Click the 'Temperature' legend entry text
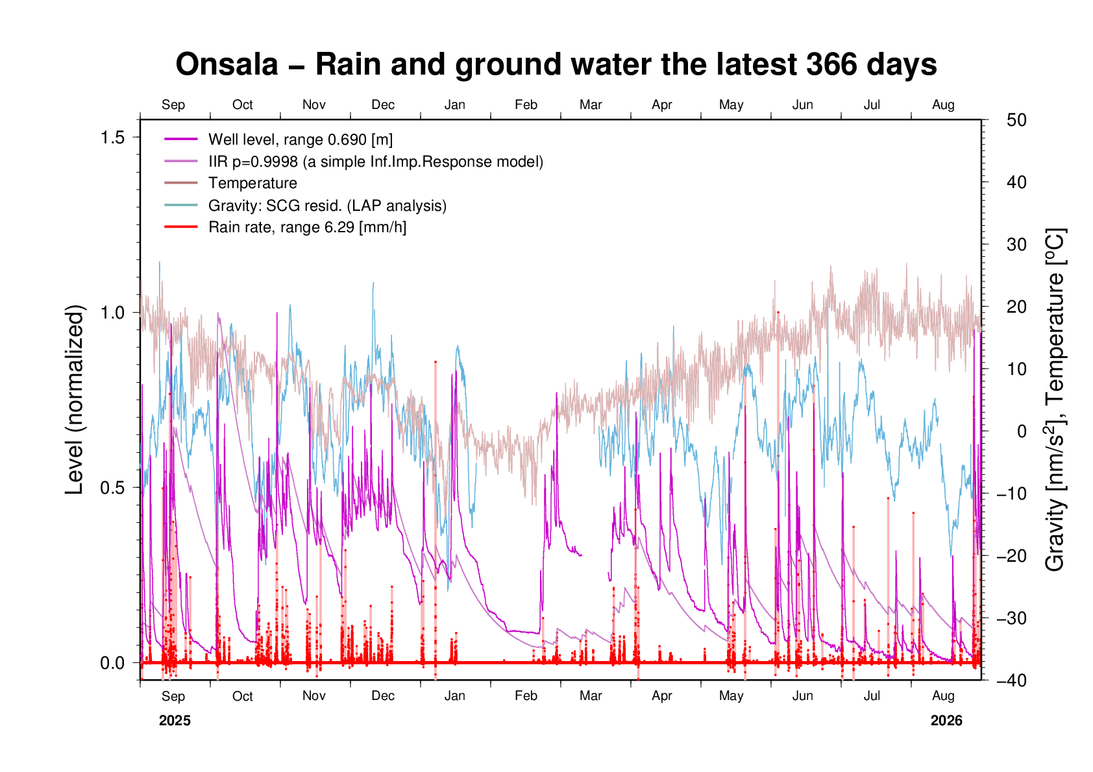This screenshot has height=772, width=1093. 252,183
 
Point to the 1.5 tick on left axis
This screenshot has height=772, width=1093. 113,138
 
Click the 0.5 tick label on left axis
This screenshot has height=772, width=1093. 113,488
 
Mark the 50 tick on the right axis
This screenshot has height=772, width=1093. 1016,120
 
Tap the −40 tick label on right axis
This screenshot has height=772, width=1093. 1012,680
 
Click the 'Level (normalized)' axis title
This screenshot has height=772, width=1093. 75,400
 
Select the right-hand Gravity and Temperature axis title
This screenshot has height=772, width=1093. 1055,400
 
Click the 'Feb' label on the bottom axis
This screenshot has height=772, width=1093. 526,696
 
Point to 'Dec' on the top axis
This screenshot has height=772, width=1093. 383,105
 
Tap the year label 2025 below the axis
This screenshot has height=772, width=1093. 175,721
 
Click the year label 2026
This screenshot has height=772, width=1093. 946,721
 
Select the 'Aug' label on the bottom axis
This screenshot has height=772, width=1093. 943,697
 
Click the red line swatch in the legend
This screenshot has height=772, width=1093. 181,227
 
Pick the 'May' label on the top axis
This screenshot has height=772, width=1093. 731,105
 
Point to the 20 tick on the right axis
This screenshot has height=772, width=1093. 1016,307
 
